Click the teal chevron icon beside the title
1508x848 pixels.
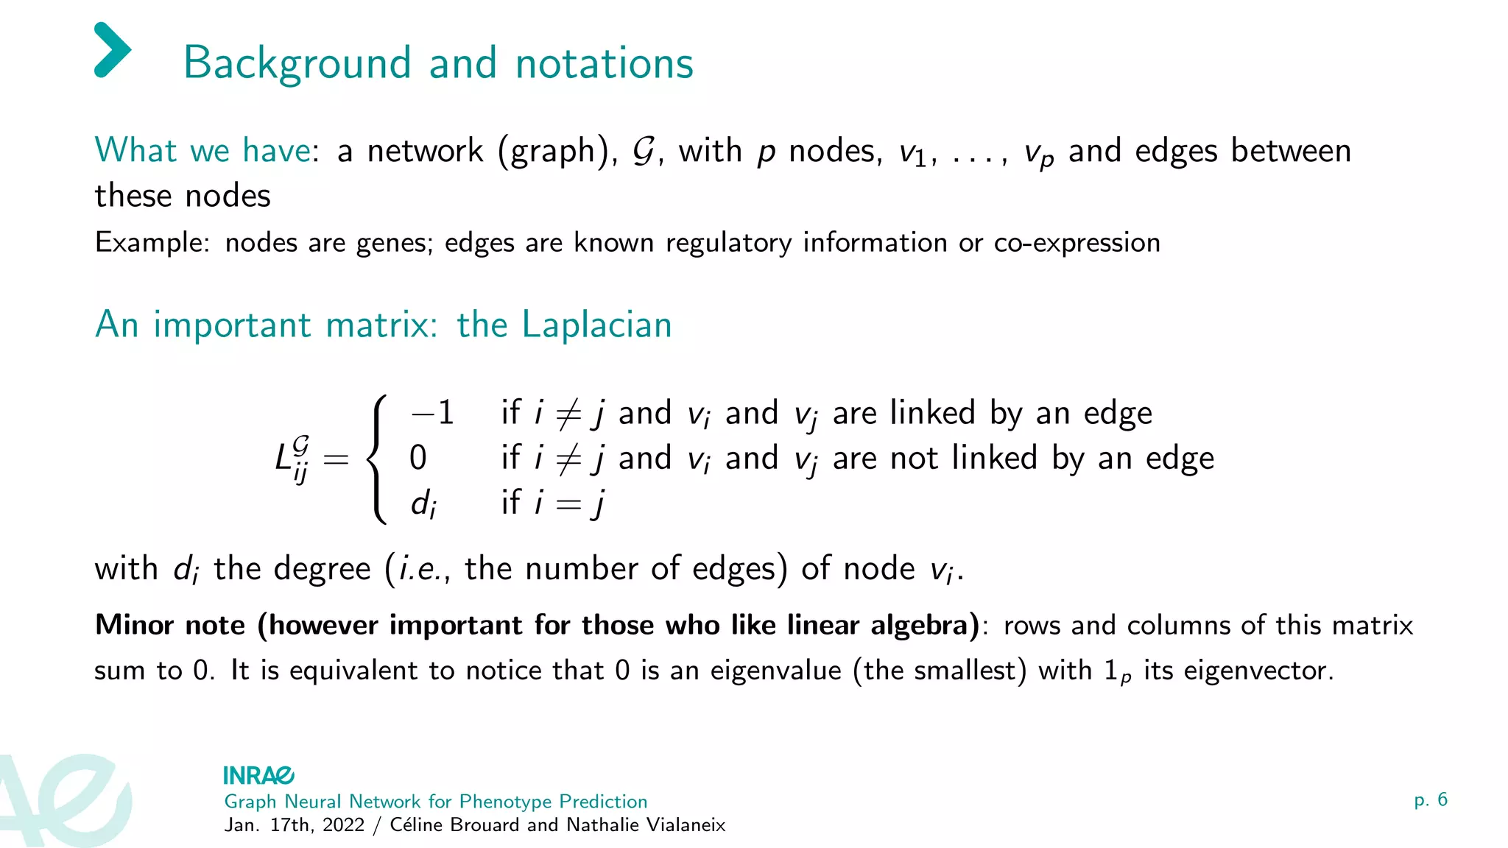pos(113,50)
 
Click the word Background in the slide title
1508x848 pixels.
pos(297,63)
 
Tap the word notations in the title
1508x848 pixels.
pos(604,63)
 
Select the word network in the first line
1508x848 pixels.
pos(425,151)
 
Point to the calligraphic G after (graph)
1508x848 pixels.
pos(644,151)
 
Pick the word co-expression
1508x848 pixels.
pos(1077,243)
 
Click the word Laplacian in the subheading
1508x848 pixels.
pos(596,325)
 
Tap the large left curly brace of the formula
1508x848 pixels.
pos(378,459)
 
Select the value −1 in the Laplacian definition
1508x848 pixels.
pos(432,413)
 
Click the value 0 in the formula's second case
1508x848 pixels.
pos(417,458)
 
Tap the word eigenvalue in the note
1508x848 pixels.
pos(775,671)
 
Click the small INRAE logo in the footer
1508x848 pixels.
pos(258,775)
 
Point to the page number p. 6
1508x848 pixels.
pos(1430,799)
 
